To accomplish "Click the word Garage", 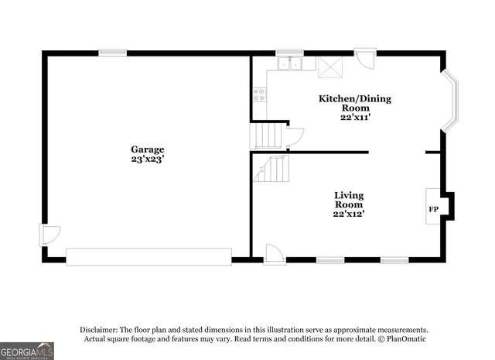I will pyautogui.click(x=147, y=149).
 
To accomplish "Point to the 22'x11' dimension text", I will pyautogui.click(x=355, y=117).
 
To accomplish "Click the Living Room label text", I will pyautogui.click(x=349, y=200).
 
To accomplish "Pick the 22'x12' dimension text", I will pyautogui.click(x=349, y=213).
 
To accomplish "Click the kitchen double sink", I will pyautogui.click(x=291, y=64).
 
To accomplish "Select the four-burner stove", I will pyautogui.click(x=260, y=94).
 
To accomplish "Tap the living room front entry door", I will pyautogui.click(x=275, y=254).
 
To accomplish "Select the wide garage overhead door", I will pyautogui.click(x=148, y=257).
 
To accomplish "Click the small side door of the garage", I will pyautogui.click(x=48, y=235).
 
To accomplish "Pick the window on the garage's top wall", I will pyautogui.click(x=112, y=52).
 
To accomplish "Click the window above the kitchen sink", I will pyautogui.click(x=290, y=52).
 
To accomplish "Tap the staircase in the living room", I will pyautogui.click(x=271, y=168).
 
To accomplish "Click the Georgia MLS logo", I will pyautogui.click(x=27, y=351).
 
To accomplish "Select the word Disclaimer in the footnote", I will pyautogui.click(x=97, y=329).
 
